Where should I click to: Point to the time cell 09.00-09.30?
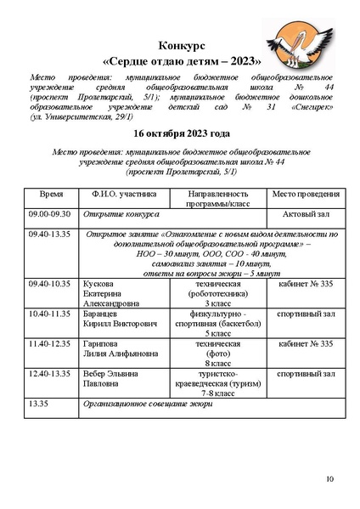pyautogui.click(x=50, y=214)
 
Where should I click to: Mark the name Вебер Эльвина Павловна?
pyautogui.click(x=106, y=378)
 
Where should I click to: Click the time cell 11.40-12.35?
pyautogui.click(x=51, y=344)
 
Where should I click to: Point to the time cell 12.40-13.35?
pyautogui.click(x=51, y=373)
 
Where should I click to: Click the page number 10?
pyautogui.click(x=329, y=481)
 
